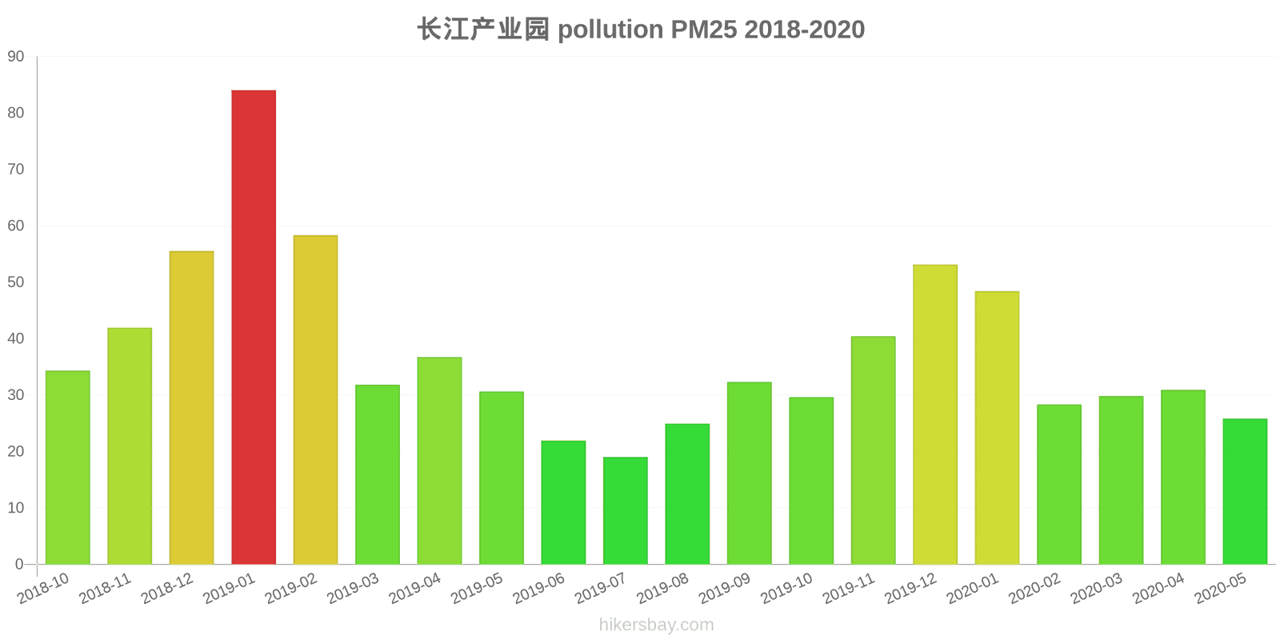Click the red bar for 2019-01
(x=254, y=327)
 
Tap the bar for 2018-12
(x=191, y=408)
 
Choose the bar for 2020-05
(x=1245, y=491)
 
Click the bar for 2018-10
(x=67, y=467)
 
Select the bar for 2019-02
(x=315, y=400)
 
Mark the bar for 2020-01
(x=997, y=428)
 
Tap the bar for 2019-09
(x=749, y=473)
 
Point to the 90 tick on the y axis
(x=16, y=57)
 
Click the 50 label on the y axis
(x=16, y=282)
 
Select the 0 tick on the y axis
(x=19, y=564)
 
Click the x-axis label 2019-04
(x=414, y=590)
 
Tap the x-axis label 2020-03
(x=1096, y=590)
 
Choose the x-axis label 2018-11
(x=105, y=590)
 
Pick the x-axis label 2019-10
(x=786, y=590)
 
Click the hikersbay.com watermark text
(x=656, y=625)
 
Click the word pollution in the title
(x=610, y=30)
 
